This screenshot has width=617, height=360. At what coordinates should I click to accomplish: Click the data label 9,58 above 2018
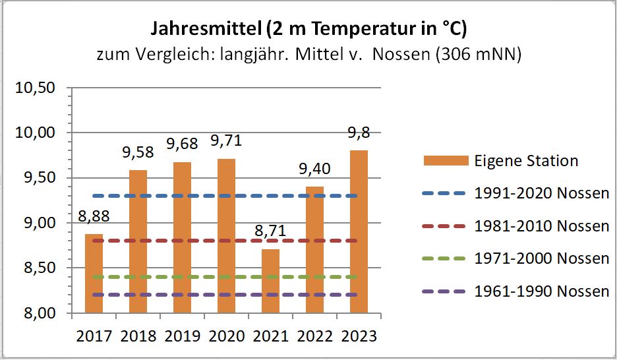[x=138, y=153]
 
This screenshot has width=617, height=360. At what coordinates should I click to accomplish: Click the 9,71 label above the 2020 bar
[x=225, y=141]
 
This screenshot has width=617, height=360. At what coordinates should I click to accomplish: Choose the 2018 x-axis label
[x=138, y=336]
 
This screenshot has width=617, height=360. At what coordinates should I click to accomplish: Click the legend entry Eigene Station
[x=525, y=160]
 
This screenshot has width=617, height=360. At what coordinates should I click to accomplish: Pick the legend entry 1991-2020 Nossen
[x=541, y=193]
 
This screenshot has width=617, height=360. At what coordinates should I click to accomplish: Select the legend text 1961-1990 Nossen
[x=541, y=291]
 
